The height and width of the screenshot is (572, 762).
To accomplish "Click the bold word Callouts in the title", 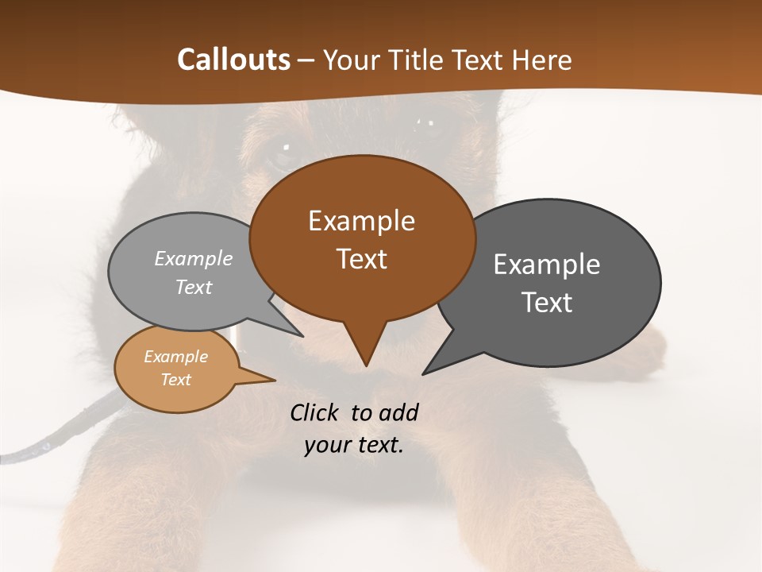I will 233,60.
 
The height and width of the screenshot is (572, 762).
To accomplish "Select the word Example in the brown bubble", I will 361,221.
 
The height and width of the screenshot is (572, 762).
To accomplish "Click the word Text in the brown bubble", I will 361,259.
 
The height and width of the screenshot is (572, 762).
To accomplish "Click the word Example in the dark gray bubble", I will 547,265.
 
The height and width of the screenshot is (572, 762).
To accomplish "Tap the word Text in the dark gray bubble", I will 547,303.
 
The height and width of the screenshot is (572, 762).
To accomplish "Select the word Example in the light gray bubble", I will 194,259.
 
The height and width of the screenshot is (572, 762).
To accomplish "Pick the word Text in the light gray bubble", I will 194,288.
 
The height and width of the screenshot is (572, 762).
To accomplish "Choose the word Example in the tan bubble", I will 176,357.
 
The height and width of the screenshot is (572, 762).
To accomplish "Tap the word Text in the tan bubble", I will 176,380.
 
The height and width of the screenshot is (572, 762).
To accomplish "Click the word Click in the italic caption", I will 315,412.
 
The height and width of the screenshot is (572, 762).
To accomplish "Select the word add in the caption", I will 398,412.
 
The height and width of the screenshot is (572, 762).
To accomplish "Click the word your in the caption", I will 326,445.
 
